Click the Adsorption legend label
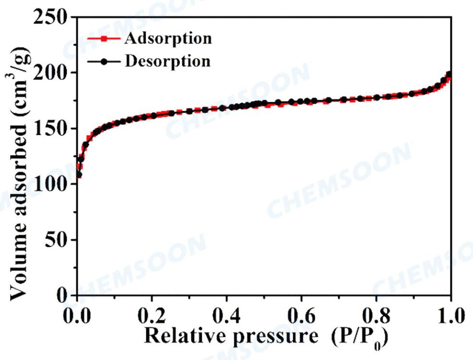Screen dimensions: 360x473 [x=168, y=38]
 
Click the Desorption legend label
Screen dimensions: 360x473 [x=167, y=61]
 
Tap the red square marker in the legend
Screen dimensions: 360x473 [x=103, y=38]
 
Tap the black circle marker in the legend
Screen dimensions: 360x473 [x=103, y=61]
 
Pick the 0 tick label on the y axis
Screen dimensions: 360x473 [x=63, y=295]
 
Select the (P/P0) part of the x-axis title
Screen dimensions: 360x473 [x=358, y=337]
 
